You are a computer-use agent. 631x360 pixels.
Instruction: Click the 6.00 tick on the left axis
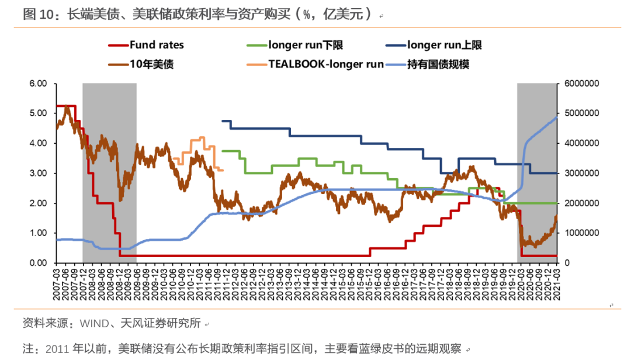[37, 84]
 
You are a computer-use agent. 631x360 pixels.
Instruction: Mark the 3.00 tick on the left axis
[37, 174]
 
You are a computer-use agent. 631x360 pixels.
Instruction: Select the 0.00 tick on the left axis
[37, 263]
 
